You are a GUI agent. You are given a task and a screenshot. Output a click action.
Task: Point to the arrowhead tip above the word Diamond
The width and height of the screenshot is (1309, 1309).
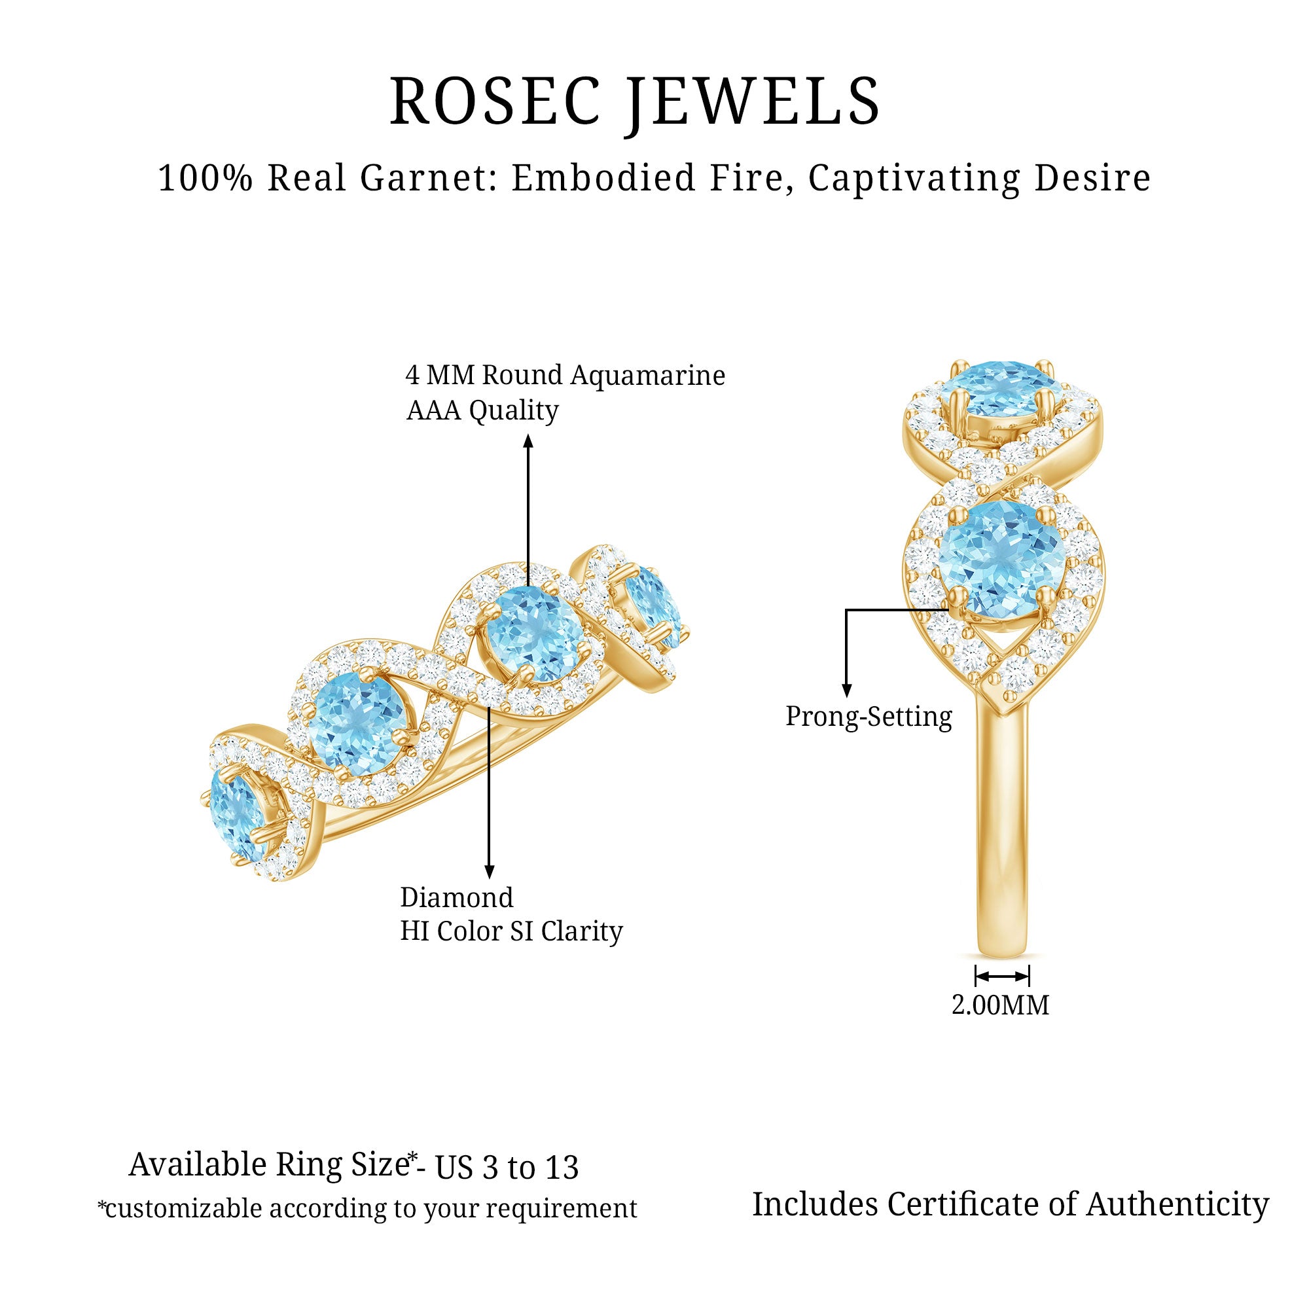pyautogui.click(x=489, y=880)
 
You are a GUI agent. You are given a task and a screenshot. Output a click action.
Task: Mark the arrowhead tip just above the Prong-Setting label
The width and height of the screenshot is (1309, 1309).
pyautogui.click(x=846, y=697)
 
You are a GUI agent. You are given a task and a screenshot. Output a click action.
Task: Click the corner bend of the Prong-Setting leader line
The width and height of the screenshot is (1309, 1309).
pyautogui.click(x=846, y=610)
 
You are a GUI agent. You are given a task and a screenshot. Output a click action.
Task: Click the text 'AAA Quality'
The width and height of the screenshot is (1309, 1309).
pyautogui.click(x=482, y=410)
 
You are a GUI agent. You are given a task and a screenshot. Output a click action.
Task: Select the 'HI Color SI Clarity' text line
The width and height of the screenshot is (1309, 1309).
pyautogui.click(x=512, y=931)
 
